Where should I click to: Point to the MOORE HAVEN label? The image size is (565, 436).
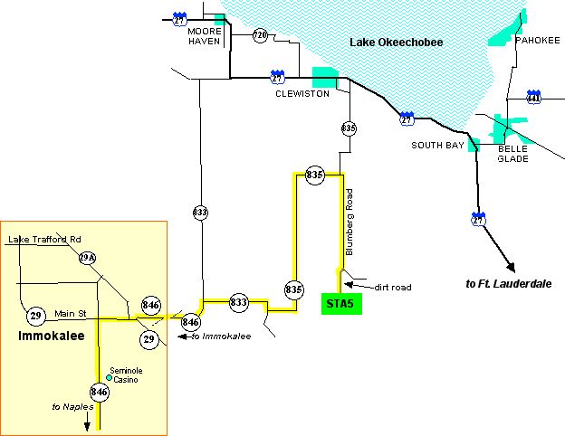(x=205, y=35)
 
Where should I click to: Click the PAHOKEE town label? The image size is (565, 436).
(x=538, y=41)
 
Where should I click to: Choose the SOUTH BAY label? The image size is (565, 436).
(x=436, y=145)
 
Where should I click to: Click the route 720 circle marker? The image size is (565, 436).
(x=261, y=36)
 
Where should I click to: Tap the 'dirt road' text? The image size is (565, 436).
(x=392, y=288)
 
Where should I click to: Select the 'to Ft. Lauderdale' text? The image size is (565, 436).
(x=509, y=284)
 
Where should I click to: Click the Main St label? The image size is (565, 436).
(x=69, y=313)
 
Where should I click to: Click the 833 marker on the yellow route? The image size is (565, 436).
(x=238, y=302)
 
